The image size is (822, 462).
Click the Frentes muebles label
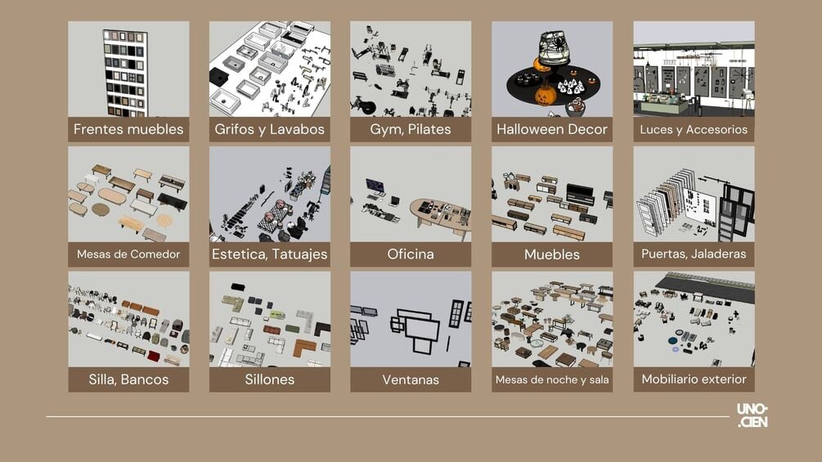[x=128, y=129]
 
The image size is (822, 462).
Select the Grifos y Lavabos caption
[x=269, y=129]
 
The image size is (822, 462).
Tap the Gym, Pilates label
[x=411, y=129]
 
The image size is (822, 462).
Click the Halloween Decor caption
[x=552, y=129]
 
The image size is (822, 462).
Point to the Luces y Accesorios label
[x=694, y=129]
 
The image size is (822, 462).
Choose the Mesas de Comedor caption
[x=128, y=254]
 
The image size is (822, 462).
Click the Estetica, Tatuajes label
[x=269, y=254]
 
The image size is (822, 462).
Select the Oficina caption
[x=411, y=254]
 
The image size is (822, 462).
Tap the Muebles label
[x=552, y=254]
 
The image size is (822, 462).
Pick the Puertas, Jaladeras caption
[x=694, y=254]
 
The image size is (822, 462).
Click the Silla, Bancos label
[x=128, y=379]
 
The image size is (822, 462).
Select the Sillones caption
[x=269, y=379]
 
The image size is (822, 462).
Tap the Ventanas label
[x=411, y=379]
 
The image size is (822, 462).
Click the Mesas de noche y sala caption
[x=552, y=379]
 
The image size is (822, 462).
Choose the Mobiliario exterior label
[x=694, y=379]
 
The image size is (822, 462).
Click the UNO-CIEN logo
[x=752, y=415]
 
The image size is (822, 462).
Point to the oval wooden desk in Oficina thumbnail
[x=440, y=216]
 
